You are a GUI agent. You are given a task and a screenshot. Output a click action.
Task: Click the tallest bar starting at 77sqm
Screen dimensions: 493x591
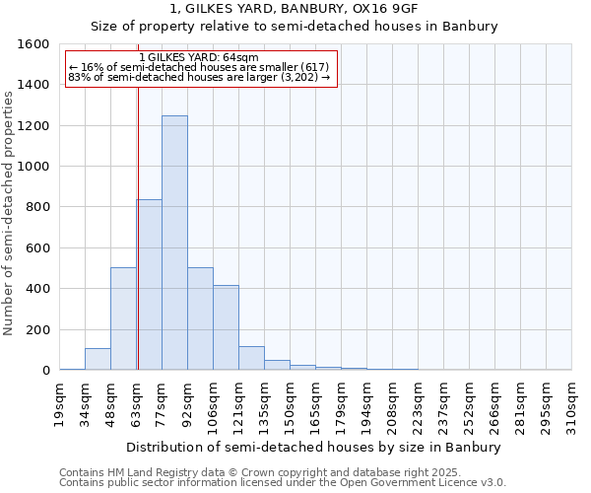(x=174, y=244)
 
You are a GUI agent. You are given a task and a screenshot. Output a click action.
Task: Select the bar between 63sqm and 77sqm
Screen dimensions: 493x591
(x=150, y=285)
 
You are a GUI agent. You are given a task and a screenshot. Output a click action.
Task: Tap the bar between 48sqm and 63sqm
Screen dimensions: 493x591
(x=123, y=318)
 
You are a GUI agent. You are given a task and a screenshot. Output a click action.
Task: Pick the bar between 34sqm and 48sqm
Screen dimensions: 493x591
(x=98, y=359)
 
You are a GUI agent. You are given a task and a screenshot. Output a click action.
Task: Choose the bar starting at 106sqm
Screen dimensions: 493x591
(x=226, y=327)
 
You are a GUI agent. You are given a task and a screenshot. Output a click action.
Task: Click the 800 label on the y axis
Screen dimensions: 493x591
(x=37, y=207)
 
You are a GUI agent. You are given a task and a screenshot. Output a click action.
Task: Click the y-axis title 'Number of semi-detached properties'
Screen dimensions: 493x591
(x=10, y=209)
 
